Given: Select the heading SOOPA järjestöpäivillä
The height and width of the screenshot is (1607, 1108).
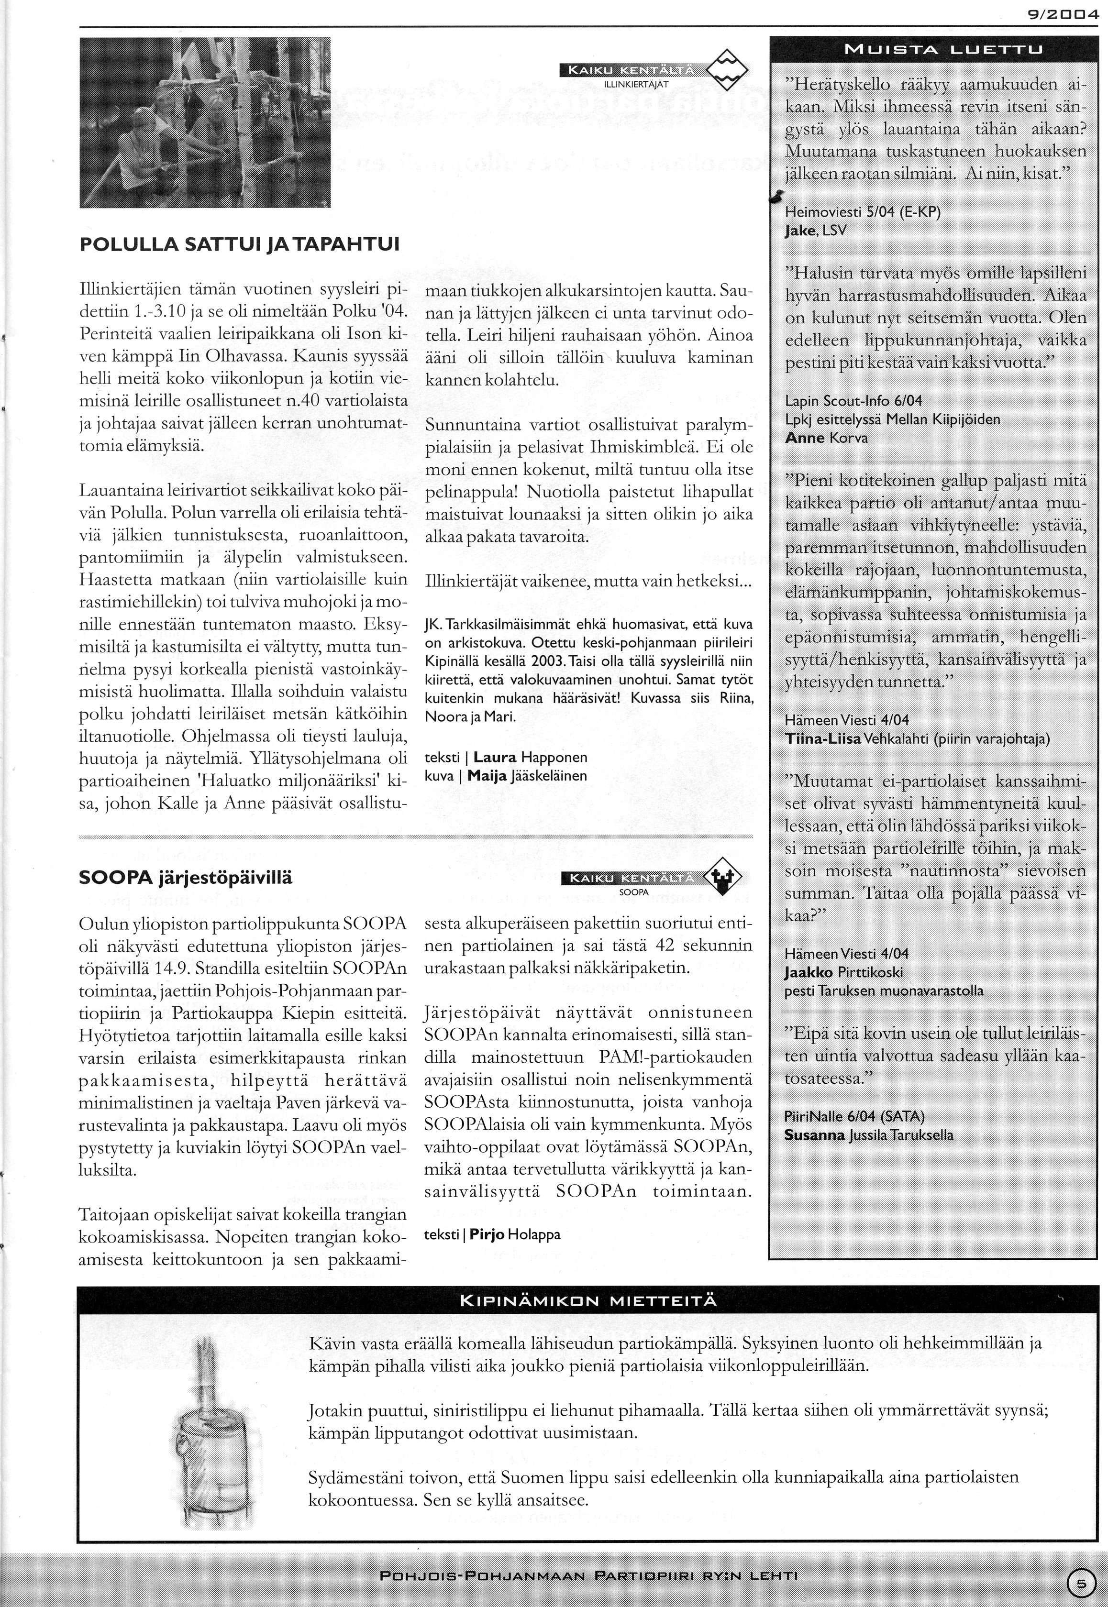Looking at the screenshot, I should [x=186, y=877].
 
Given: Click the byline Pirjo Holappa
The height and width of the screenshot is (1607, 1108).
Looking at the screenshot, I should [x=514, y=1234].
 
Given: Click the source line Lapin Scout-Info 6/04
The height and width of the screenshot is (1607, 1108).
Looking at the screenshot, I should [x=854, y=401].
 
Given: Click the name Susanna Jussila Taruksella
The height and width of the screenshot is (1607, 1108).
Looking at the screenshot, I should [x=868, y=1136].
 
